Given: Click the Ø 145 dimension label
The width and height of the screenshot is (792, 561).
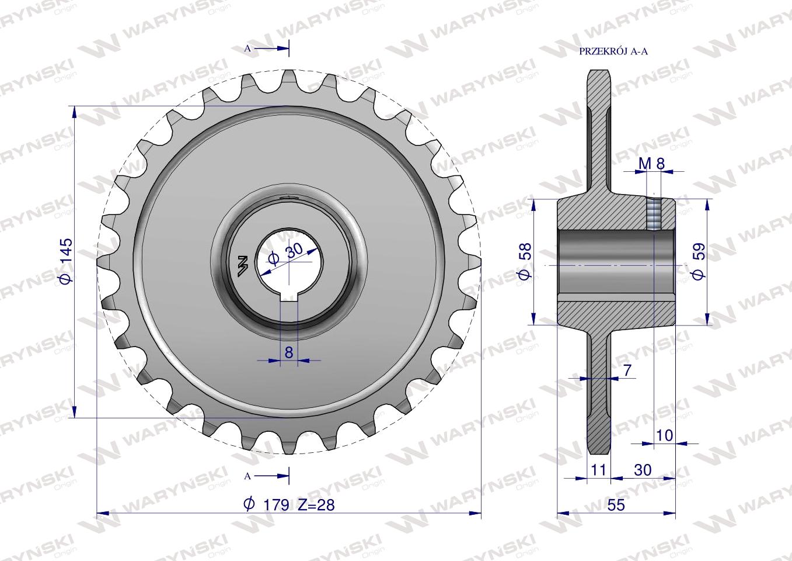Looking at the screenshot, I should pyautogui.click(x=65, y=261).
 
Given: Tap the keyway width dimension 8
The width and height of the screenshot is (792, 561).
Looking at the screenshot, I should pyautogui.click(x=288, y=352).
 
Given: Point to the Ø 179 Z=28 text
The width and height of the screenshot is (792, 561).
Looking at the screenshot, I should pyautogui.click(x=289, y=504).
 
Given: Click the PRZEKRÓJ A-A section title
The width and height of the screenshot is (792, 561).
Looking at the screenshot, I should pyautogui.click(x=613, y=51).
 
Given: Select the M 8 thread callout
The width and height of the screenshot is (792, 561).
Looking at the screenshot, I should pyautogui.click(x=651, y=164).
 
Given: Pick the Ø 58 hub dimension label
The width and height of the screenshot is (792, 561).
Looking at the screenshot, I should pyautogui.click(x=525, y=261).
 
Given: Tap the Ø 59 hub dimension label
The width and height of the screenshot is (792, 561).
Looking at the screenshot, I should pyautogui.click(x=698, y=261).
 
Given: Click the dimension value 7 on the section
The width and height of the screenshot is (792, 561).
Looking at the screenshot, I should pyautogui.click(x=627, y=370).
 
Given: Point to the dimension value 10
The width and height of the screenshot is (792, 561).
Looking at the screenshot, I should pyautogui.click(x=665, y=435).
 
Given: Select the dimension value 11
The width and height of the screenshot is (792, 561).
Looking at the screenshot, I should pyautogui.click(x=598, y=470).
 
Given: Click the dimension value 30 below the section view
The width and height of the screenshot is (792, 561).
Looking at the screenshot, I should pyautogui.click(x=642, y=470).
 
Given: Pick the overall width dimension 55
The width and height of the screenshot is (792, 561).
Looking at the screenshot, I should pyautogui.click(x=616, y=505).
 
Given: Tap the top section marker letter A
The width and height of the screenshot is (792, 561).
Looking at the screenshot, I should pyautogui.click(x=247, y=49).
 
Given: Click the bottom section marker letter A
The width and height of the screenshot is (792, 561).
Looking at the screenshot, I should pyautogui.click(x=247, y=476).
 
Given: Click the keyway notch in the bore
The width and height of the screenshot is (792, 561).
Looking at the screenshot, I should pyautogui.click(x=288, y=295).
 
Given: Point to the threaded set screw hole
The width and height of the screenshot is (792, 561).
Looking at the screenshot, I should pyautogui.click(x=654, y=214).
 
